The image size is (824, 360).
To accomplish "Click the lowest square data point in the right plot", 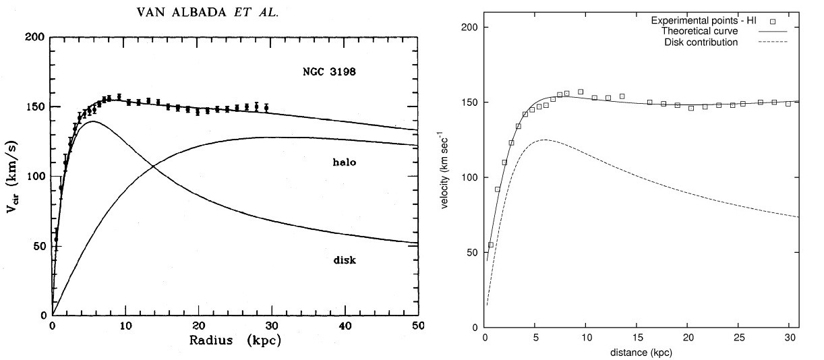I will click(491, 245).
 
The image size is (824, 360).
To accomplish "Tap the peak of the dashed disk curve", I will click(543, 140).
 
